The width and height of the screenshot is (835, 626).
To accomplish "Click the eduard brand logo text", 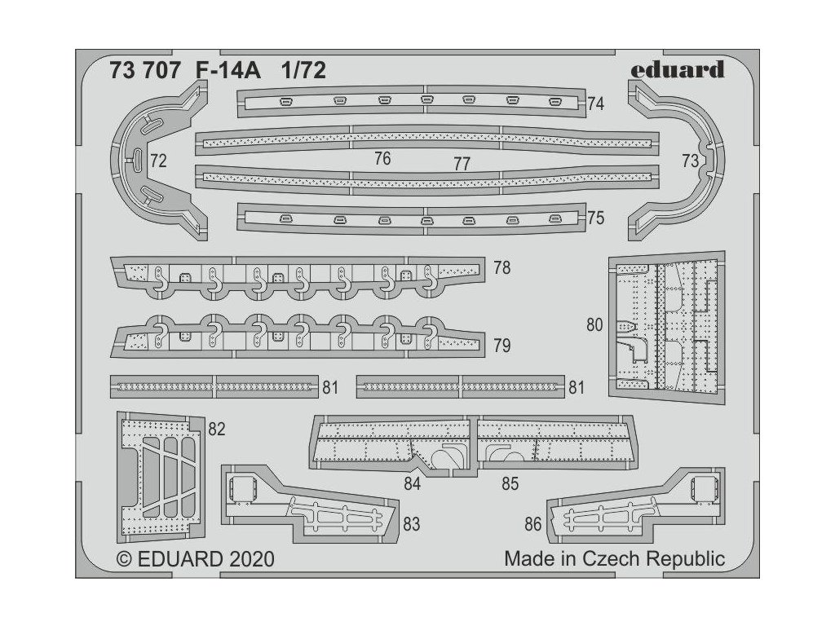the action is [677, 69].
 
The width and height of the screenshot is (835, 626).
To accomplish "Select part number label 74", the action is [595, 104].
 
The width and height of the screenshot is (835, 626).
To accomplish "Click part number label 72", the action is [158, 161].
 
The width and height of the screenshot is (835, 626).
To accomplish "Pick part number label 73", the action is [690, 161].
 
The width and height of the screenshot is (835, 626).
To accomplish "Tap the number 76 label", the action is [382, 159].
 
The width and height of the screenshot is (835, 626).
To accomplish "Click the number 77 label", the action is [462, 164].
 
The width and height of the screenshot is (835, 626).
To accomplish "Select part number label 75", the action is [595, 218].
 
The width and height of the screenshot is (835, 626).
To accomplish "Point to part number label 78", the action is [502, 267].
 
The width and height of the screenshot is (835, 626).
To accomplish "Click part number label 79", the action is [502, 346].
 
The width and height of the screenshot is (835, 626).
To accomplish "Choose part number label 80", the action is [594, 325].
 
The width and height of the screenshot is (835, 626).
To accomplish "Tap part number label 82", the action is [216, 430].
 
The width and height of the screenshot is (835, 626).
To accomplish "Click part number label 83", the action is [411, 524].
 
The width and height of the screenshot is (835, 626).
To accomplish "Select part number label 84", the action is [412, 484].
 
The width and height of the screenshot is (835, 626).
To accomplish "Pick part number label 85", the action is [510, 484].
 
